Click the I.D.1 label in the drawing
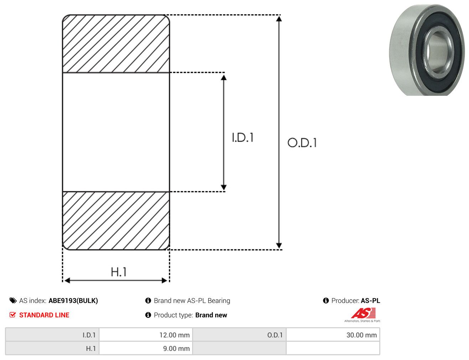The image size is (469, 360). (243, 137)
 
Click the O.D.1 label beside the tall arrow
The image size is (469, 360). (302, 142)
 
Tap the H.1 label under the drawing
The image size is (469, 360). (118, 272)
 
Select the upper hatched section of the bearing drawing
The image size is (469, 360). (116, 43)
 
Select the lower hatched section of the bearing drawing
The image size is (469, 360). (116, 221)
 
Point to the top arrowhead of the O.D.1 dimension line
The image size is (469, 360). (279, 19)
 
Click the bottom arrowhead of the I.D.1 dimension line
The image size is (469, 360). (223, 187)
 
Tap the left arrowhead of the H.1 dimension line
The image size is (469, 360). (67, 281)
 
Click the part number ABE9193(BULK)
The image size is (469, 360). (73, 301)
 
